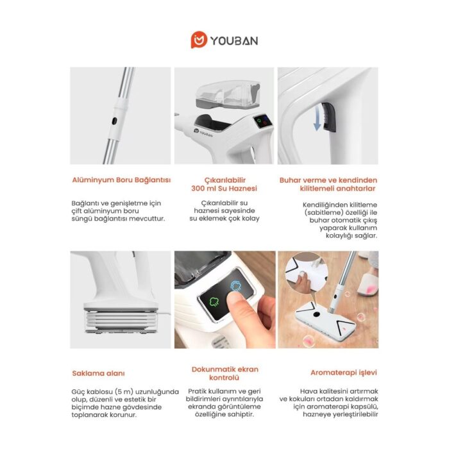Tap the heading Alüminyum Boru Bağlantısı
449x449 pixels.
pyautogui.click(x=121, y=180)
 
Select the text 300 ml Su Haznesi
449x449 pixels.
pyautogui.click(x=224, y=189)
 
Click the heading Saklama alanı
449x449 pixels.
pyautogui.click(x=97, y=373)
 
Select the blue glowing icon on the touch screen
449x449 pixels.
pyautogui.click(x=236, y=286)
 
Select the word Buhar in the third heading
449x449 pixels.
pyautogui.click(x=291, y=180)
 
